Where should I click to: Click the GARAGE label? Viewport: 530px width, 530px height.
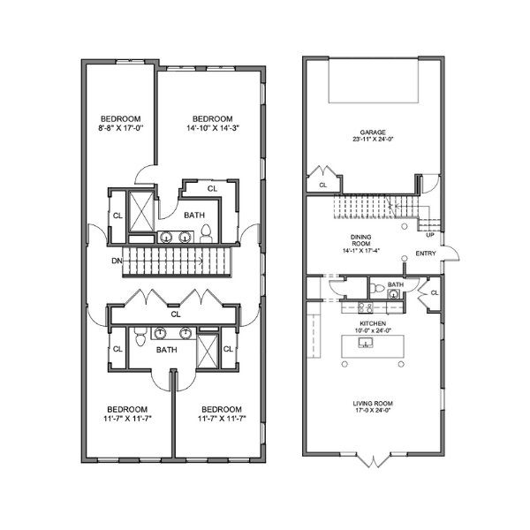[373, 132]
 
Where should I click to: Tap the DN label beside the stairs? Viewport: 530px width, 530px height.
[117, 261]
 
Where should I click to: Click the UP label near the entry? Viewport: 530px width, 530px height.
[430, 235]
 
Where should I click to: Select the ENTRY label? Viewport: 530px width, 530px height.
[426, 254]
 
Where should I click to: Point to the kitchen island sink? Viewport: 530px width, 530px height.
[366, 343]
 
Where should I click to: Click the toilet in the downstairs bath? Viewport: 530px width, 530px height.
[377, 289]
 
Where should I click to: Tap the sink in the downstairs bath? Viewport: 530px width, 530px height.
[394, 295]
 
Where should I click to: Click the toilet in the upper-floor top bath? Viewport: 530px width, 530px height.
[206, 234]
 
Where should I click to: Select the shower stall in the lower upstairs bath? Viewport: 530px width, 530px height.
[208, 352]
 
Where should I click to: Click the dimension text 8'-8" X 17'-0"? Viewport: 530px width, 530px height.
[121, 128]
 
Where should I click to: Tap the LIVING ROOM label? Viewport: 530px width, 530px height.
[373, 404]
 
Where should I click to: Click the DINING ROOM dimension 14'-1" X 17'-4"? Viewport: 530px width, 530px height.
[360, 251]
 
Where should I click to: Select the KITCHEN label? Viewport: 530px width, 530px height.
[373, 323]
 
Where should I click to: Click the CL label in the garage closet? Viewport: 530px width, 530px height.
[323, 185]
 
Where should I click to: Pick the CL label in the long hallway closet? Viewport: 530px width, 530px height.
[176, 314]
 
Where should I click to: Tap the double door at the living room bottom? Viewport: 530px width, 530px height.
[374, 460]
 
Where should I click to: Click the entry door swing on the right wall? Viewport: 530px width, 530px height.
[452, 253]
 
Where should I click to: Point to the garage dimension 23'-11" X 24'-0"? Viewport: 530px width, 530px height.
[373, 139]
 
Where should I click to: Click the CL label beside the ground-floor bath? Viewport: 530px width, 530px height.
[435, 293]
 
